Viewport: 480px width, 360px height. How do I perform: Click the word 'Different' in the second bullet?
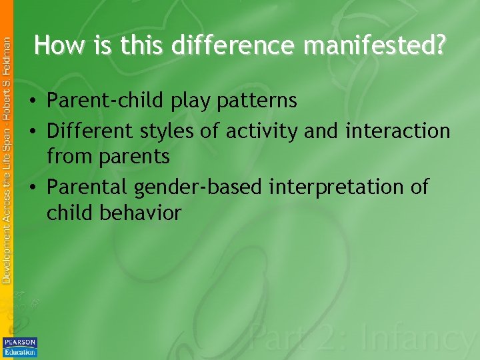point(91,131)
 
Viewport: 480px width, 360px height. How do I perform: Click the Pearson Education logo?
point(20,347)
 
